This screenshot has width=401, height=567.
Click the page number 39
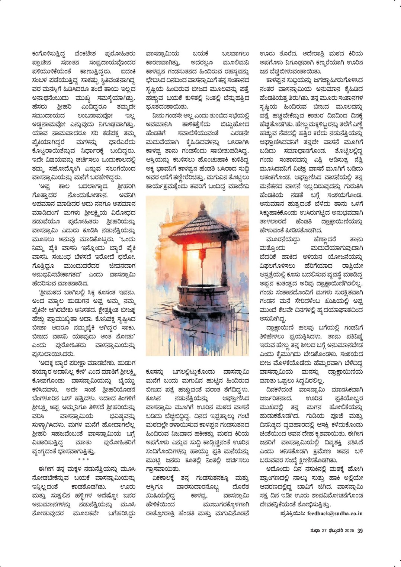pos(360,531)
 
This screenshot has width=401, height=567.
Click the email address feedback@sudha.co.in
pos(335,513)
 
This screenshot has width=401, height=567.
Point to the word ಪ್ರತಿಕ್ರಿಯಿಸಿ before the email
pos(292,513)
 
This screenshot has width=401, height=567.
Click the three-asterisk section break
pos(83,460)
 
